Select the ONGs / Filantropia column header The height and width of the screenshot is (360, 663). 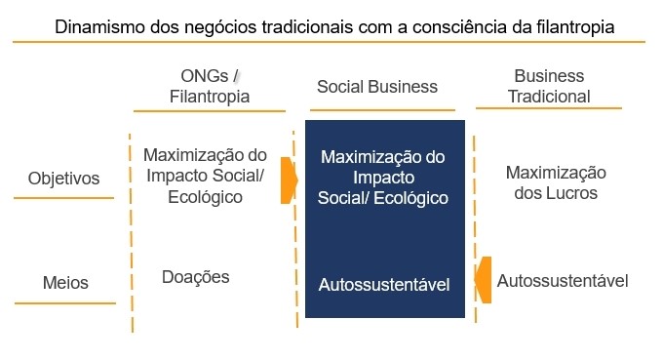point(210,86)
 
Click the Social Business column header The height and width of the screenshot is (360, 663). point(377,87)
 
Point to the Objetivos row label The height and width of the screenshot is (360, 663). point(63,180)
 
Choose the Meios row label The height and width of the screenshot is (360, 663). point(65,283)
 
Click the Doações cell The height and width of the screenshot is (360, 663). point(195,277)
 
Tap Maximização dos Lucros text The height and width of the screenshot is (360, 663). point(556,182)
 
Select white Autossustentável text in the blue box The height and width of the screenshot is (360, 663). point(384,285)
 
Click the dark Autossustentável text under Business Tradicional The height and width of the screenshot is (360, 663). point(563,281)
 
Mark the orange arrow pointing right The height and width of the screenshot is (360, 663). point(289,180)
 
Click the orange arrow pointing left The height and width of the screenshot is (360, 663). point(484,279)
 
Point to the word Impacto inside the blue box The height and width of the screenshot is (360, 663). point(383,178)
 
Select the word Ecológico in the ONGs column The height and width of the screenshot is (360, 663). point(205,197)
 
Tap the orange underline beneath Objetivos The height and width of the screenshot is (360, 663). point(63,199)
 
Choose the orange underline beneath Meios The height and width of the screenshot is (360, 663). point(65,303)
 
